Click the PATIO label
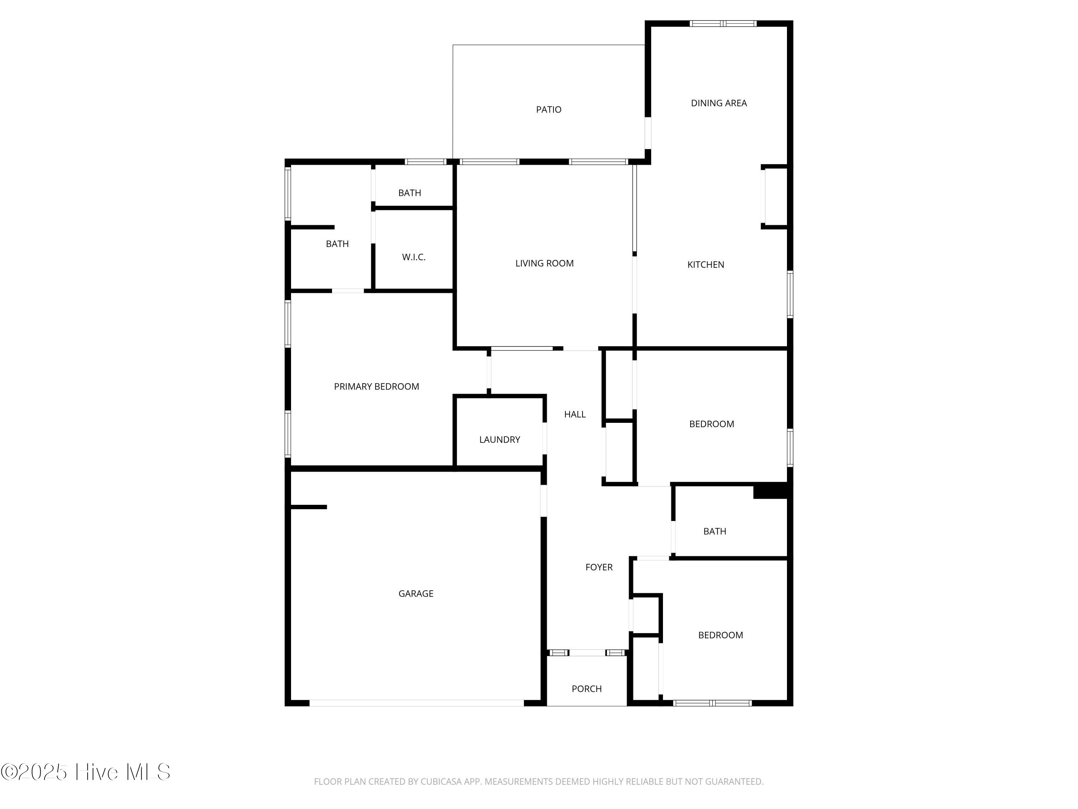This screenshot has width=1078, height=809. [x=549, y=110]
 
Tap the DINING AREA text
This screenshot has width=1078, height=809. [x=719, y=103]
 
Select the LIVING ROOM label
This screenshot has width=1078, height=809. [x=544, y=263]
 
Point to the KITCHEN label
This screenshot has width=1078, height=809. [x=706, y=265]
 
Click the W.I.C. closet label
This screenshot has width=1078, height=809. [x=414, y=257]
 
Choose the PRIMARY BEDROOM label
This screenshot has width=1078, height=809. [x=376, y=387]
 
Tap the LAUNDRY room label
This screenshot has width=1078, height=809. [x=499, y=440]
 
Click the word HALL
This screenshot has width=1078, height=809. [x=575, y=415]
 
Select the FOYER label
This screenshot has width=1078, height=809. [x=599, y=567]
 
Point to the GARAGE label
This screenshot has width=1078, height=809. [x=416, y=594]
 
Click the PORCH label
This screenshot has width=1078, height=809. [x=587, y=689]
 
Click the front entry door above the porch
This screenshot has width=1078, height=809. [x=587, y=653]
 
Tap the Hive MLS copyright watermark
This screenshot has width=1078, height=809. [x=86, y=772]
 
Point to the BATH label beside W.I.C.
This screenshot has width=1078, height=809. [x=337, y=244]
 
